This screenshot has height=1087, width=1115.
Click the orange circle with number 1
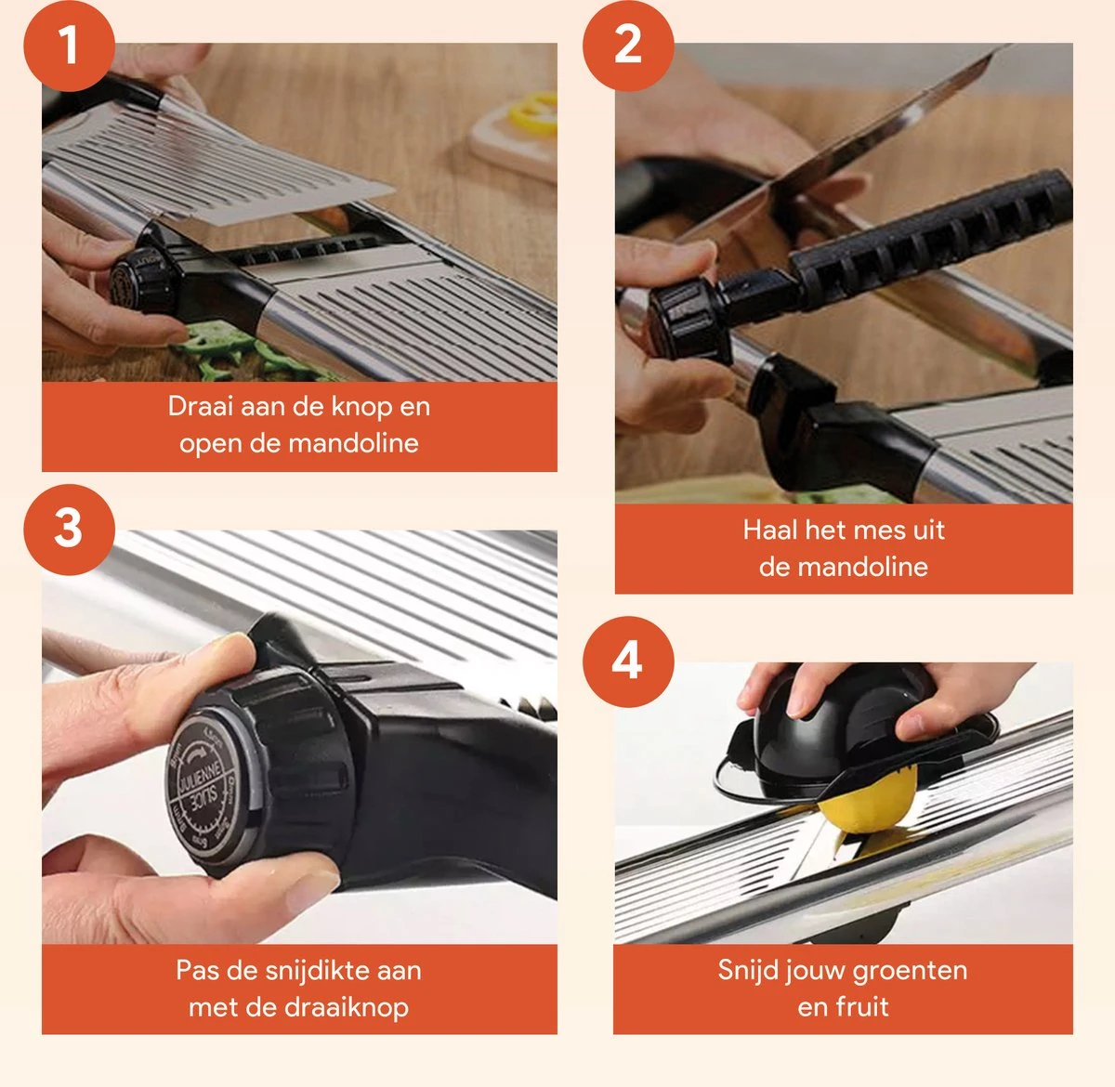[69, 46]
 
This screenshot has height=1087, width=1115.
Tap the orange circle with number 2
[628, 46]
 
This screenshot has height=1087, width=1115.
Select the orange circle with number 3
[69, 529]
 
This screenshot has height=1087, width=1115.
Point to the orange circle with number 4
[628, 661]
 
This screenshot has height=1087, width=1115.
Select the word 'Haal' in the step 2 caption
[770, 530]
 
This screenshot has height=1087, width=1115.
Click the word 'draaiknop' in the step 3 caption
[352, 1007]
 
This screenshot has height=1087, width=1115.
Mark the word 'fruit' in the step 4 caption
[864, 1007]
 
